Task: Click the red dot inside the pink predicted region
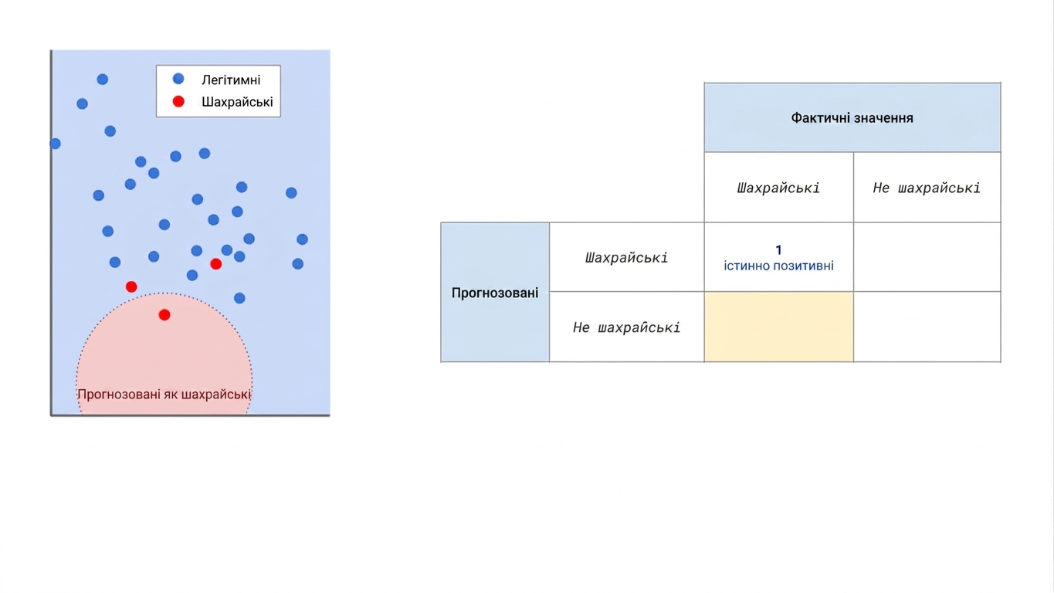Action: click(x=164, y=315)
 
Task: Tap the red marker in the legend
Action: click(x=178, y=101)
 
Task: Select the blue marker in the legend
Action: click(x=178, y=79)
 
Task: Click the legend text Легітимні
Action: click(x=231, y=80)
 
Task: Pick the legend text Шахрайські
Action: click(x=237, y=102)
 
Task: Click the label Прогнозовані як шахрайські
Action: click(x=164, y=395)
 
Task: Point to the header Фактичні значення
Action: click(x=852, y=117)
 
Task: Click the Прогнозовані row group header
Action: click(x=495, y=293)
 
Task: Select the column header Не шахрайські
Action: click(x=927, y=188)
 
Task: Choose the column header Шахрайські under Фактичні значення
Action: click(x=778, y=188)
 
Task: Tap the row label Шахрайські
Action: click(x=626, y=257)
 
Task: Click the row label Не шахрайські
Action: click(x=626, y=327)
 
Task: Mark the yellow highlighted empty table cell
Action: click(x=779, y=327)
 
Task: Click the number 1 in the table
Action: click(x=778, y=250)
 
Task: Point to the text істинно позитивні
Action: click(x=779, y=266)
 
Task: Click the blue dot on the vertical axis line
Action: click(x=55, y=144)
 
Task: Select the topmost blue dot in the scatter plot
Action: click(x=102, y=79)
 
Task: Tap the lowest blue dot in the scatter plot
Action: click(x=239, y=298)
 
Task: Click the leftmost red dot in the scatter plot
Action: click(x=131, y=286)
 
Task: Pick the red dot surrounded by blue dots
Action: click(x=216, y=264)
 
